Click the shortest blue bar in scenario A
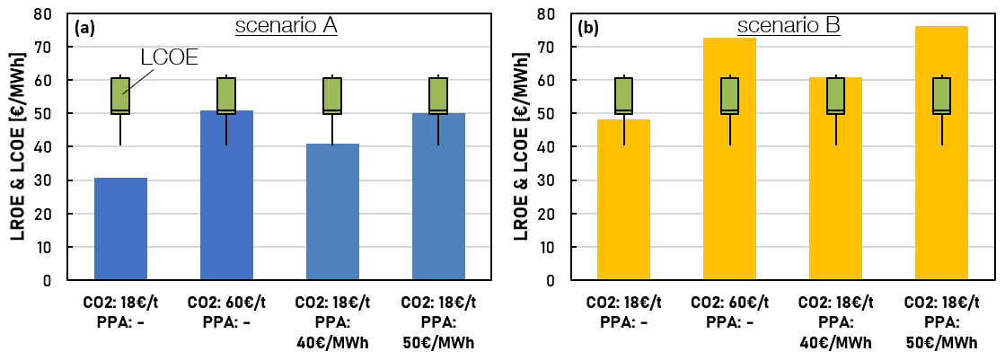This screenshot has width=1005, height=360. click(120, 229)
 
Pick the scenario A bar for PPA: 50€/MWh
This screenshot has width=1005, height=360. click(438, 197)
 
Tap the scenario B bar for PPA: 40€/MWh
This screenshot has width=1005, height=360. click(835, 179)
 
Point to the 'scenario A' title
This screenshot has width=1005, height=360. click(286, 25)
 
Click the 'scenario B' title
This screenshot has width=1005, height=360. click(789, 25)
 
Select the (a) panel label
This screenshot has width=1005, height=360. click(86, 27)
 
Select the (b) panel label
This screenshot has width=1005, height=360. click(589, 27)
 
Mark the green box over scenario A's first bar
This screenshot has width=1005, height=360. click(120, 95)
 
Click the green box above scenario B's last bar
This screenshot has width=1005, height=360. click(941, 95)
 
